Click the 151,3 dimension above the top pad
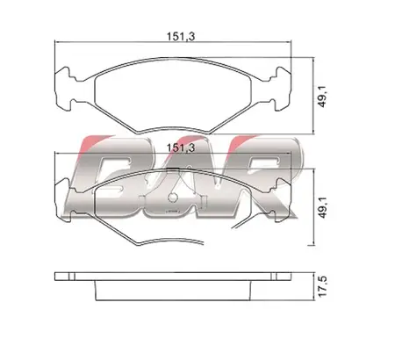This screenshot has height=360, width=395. click(181, 37)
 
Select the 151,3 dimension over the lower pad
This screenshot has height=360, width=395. click(181, 148)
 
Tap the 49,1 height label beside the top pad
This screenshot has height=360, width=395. click(322, 97)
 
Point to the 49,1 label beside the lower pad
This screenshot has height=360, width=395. click(322, 207)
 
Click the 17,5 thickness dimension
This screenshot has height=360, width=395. click(322, 286)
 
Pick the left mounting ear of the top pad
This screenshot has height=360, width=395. click(64, 89)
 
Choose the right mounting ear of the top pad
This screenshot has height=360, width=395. click(282, 89)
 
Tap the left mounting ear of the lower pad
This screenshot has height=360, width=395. click(64, 200)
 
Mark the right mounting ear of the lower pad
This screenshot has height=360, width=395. click(283, 200)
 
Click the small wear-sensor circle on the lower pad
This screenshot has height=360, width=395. click(173, 198)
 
